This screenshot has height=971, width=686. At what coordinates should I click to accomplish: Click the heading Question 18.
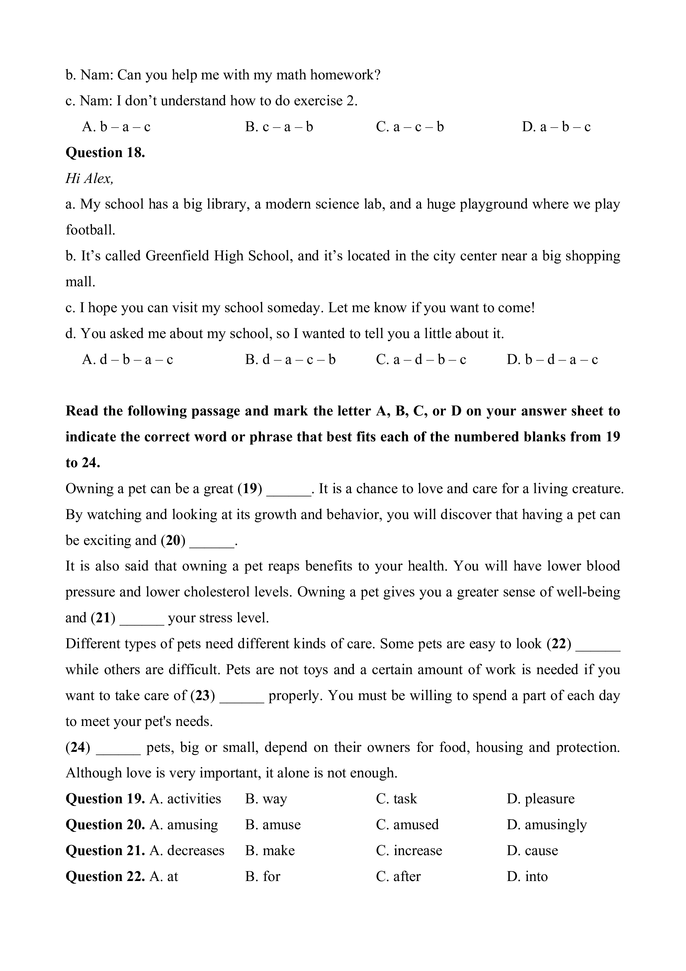click(105, 153)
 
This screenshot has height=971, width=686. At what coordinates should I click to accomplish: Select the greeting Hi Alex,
click(89, 178)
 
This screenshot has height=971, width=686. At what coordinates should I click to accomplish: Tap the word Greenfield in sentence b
click(177, 256)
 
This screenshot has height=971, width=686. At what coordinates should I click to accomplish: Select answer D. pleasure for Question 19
click(541, 799)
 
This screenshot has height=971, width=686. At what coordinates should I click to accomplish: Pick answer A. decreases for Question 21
click(187, 850)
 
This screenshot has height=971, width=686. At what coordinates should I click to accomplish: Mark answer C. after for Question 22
click(398, 876)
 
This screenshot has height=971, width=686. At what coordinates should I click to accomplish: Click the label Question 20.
click(105, 825)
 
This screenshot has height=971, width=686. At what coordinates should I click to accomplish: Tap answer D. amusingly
click(547, 825)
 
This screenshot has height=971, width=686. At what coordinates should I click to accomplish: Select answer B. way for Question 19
click(266, 799)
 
